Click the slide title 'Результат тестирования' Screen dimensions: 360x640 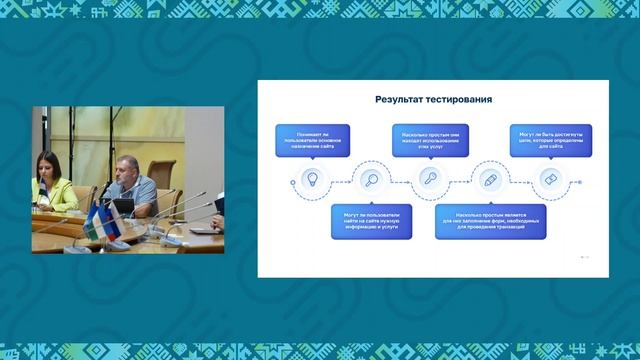click(x=434, y=100)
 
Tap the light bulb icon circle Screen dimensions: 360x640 click(x=311, y=180)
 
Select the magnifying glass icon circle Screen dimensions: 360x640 click(x=371, y=180)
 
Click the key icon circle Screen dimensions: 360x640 click(x=431, y=180)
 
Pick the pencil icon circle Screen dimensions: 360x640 click(x=490, y=180)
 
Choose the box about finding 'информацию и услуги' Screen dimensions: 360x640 click(x=371, y=221)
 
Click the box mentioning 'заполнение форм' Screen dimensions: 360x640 click(x=490, y=221)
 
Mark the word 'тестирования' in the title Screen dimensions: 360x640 click(x=462, y=100)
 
